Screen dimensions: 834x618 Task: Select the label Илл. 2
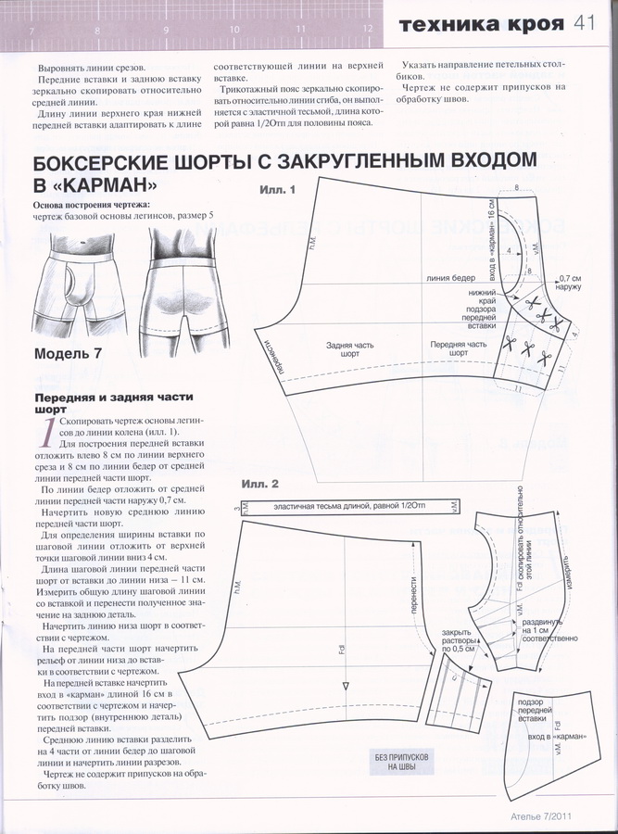260,484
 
